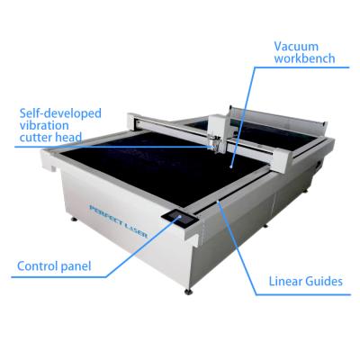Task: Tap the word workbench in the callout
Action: pos(304,58)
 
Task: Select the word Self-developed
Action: pos(60,113)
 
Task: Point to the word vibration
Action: pos(44,125)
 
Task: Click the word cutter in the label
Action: pos(36,137)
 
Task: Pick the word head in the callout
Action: pos(68,137)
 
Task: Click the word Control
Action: pos(38,266)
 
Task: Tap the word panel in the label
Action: pos(76,266)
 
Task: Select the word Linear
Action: pos(286,282)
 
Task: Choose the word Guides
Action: pos(324,282)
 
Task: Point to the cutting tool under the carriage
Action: pos(214,143)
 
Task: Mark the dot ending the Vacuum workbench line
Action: pos(230,166)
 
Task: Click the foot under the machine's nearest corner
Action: pos(188,291)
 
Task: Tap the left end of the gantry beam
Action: pos(132,122)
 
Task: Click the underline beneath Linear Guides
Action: pos(303,294)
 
